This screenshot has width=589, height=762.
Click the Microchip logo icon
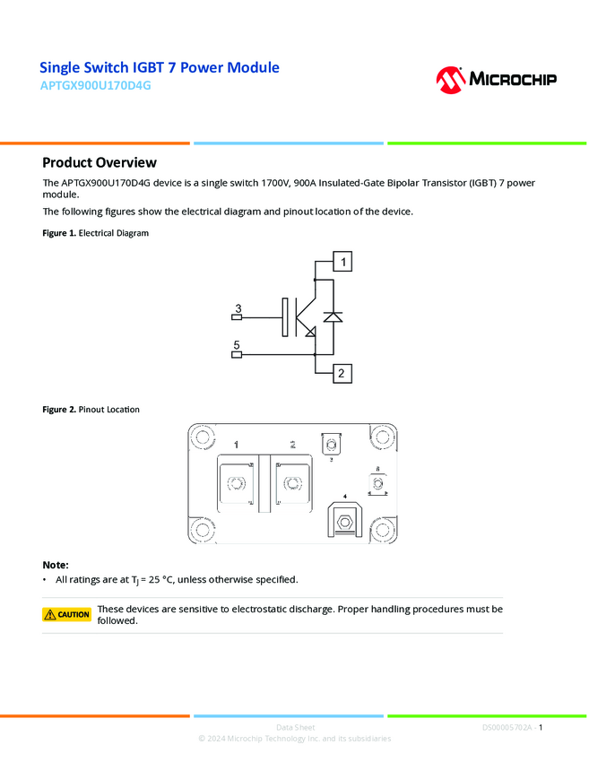(x=450, y=79)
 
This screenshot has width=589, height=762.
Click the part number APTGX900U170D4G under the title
(x=95, y=86)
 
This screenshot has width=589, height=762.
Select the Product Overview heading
(x=100, y=162)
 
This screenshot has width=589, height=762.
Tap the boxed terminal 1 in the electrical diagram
(x=342, y=262)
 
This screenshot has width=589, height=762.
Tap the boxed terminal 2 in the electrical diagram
(x=342, y=373)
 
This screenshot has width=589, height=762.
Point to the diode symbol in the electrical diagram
(x=333, y=317)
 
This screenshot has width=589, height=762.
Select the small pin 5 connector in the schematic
(x=237, y=354)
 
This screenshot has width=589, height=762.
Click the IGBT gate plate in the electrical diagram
(x=285, y=317)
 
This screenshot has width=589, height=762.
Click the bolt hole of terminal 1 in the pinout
(x=237, y=484)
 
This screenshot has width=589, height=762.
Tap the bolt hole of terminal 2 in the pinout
(x=291, y=484)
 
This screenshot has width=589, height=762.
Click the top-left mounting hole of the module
(x=202, y=438)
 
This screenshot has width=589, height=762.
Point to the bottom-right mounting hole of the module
(x=383, y=529)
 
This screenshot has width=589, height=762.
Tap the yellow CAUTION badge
(x=67, y=615)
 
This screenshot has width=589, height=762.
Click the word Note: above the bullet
(x=56, y=565)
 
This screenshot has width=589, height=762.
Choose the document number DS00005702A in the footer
(x=507, y=727)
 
